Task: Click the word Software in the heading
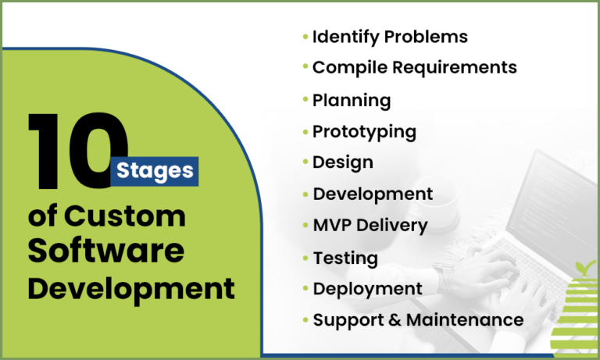(x=106, y=251)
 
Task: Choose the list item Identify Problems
(x=390, y=37)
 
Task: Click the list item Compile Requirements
(x=414, y=67)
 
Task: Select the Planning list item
(x=352, y=100)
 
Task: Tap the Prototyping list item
(x=364, y=131)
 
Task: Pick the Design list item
(x=342, y=162)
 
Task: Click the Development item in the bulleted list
(x=373, y=194)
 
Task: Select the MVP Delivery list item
(x=370, y=226)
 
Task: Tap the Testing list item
(x=345, y=258)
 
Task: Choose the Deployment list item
(x=368, y=288)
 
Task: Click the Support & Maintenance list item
(x=418, y=319)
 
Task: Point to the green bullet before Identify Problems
(x=305, y=36)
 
